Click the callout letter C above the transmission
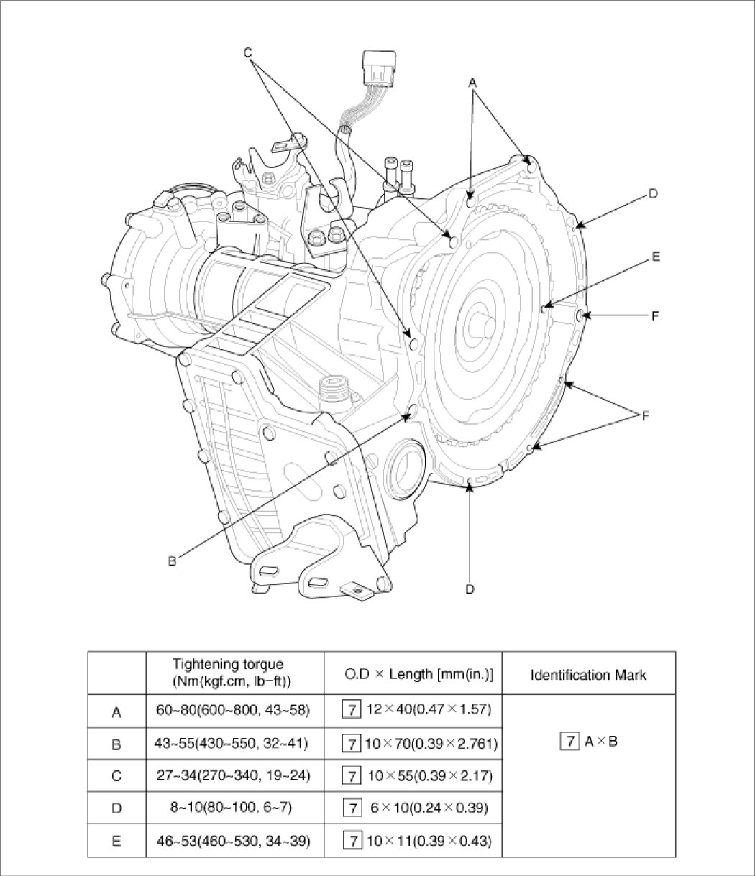point(248,52)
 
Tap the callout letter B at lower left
point(172,561)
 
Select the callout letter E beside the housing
point(655,257)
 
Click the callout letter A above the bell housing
point(472,83)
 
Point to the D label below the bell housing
point(470,589)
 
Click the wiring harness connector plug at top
point(379,69)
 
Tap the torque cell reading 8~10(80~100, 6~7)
point(231,807)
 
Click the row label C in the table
point(116,776)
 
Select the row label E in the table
point(116,842)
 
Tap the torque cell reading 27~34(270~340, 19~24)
point(233,775)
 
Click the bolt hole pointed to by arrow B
point(412,410)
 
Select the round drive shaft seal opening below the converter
point(404,466)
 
